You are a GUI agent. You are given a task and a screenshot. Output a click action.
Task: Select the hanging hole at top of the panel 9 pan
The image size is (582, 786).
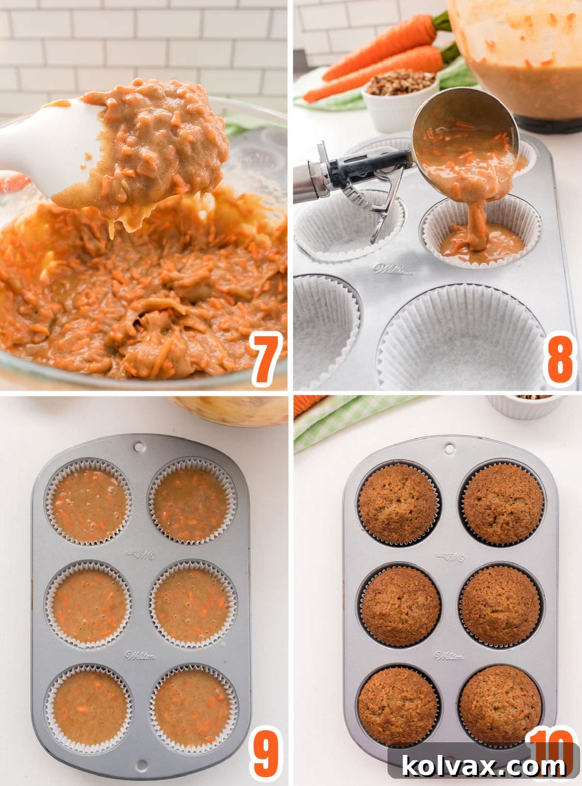pyautogui.click(x=140, y=445)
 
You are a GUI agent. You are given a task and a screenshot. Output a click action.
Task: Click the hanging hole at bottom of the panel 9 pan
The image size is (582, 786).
pyautogui.click(x=141, y=766)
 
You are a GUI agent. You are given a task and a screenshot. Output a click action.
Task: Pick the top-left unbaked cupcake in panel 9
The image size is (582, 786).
pyautogui.click(x=89, y=501)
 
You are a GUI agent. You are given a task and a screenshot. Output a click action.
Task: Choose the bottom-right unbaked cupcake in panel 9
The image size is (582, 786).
pyautogui.click(x=193, y=707)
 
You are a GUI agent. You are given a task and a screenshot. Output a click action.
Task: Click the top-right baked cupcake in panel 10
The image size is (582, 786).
pyautogui.click(x=502, y=503)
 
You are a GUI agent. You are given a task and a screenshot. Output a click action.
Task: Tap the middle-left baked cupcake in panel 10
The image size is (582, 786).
pyautogui.click(x=400, y=606)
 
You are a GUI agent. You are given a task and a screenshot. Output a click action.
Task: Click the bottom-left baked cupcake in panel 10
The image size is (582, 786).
pyautogui.click(x=397, y=706)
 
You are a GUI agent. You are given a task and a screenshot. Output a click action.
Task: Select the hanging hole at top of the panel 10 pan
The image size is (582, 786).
pyautogui.click(x=450, y=447)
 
